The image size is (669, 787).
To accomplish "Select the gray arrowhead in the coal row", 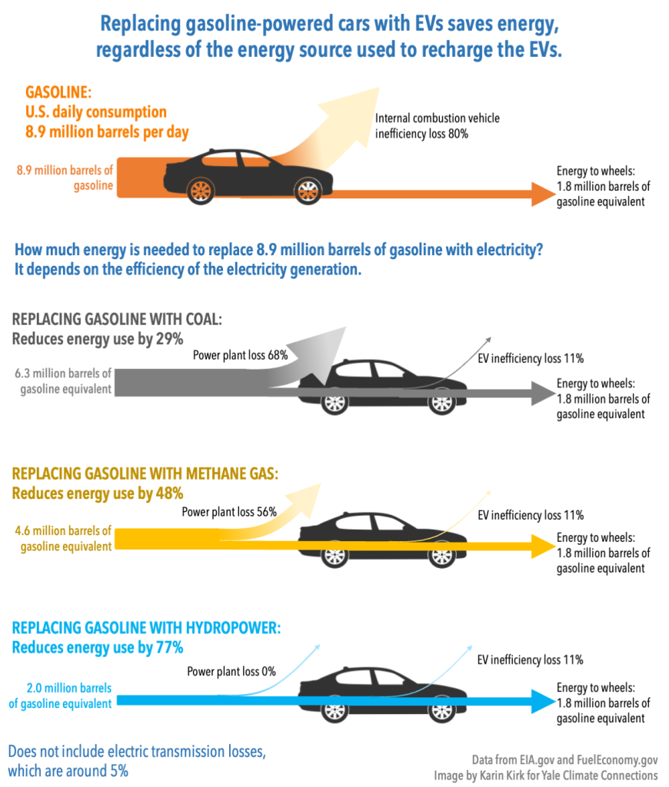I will [x=541, y=393].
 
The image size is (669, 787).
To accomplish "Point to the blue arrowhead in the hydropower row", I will [x=541, y=701].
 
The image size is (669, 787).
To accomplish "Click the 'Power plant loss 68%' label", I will [x=240, y=355].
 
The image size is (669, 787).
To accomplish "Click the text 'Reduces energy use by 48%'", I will [x=98, y=493].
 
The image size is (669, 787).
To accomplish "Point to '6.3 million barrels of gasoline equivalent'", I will [x=63, y=381].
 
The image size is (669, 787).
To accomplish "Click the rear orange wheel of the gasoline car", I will [x=201, y=190].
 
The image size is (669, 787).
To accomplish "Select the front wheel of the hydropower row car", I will [x=441, y=710].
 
